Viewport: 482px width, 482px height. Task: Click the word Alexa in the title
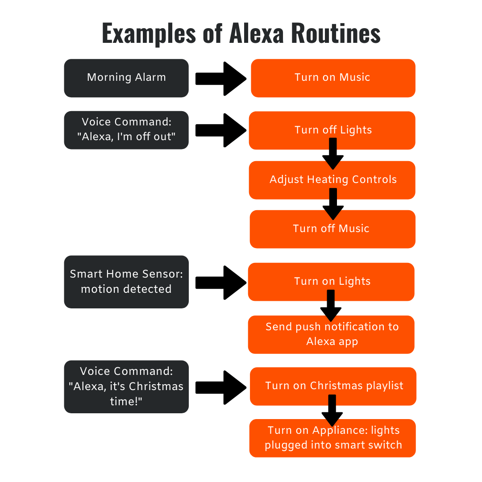(x=256, y=33)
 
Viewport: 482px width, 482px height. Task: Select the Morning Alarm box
(x=126, y=78)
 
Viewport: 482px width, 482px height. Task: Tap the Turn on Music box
(x=333, y=78)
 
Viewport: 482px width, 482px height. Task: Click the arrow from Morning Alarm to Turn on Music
(x=221, y=79)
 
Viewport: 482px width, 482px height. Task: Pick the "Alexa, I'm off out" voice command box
(x=126, y=130)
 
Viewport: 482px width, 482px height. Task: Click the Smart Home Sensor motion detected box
(x=126, y=282)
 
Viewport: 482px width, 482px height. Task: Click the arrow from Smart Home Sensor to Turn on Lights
(x=221, y=283)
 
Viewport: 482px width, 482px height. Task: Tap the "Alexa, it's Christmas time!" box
(x=126, y=386)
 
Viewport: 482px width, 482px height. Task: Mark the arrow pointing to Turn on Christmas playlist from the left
(x=221, y=387)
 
